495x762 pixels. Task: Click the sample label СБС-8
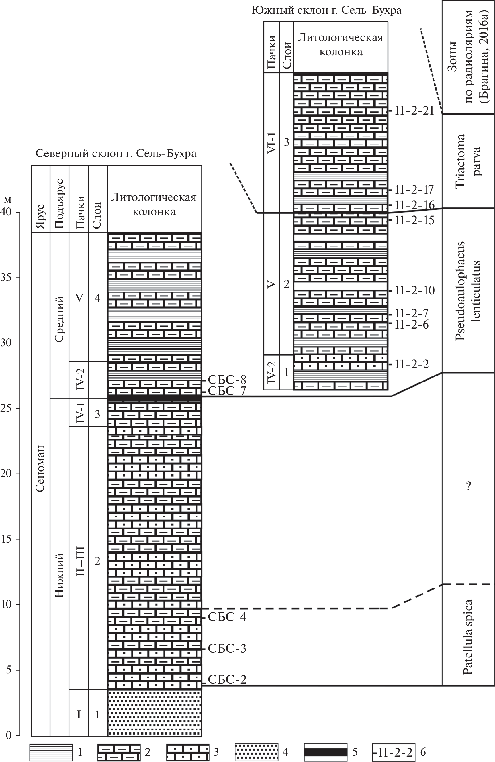point(227,380)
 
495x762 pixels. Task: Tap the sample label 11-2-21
point(414,111)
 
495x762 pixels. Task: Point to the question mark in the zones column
point(469,486)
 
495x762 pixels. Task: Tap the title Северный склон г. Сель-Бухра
point(116,154)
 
